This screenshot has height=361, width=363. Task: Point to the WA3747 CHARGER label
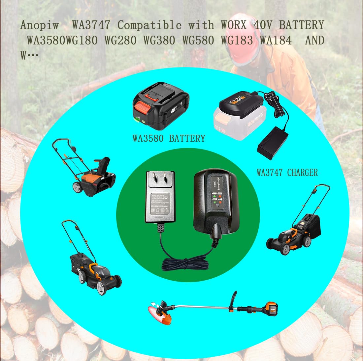click(x=287, y=173)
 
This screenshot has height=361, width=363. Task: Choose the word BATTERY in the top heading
click(x=301, y=25)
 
